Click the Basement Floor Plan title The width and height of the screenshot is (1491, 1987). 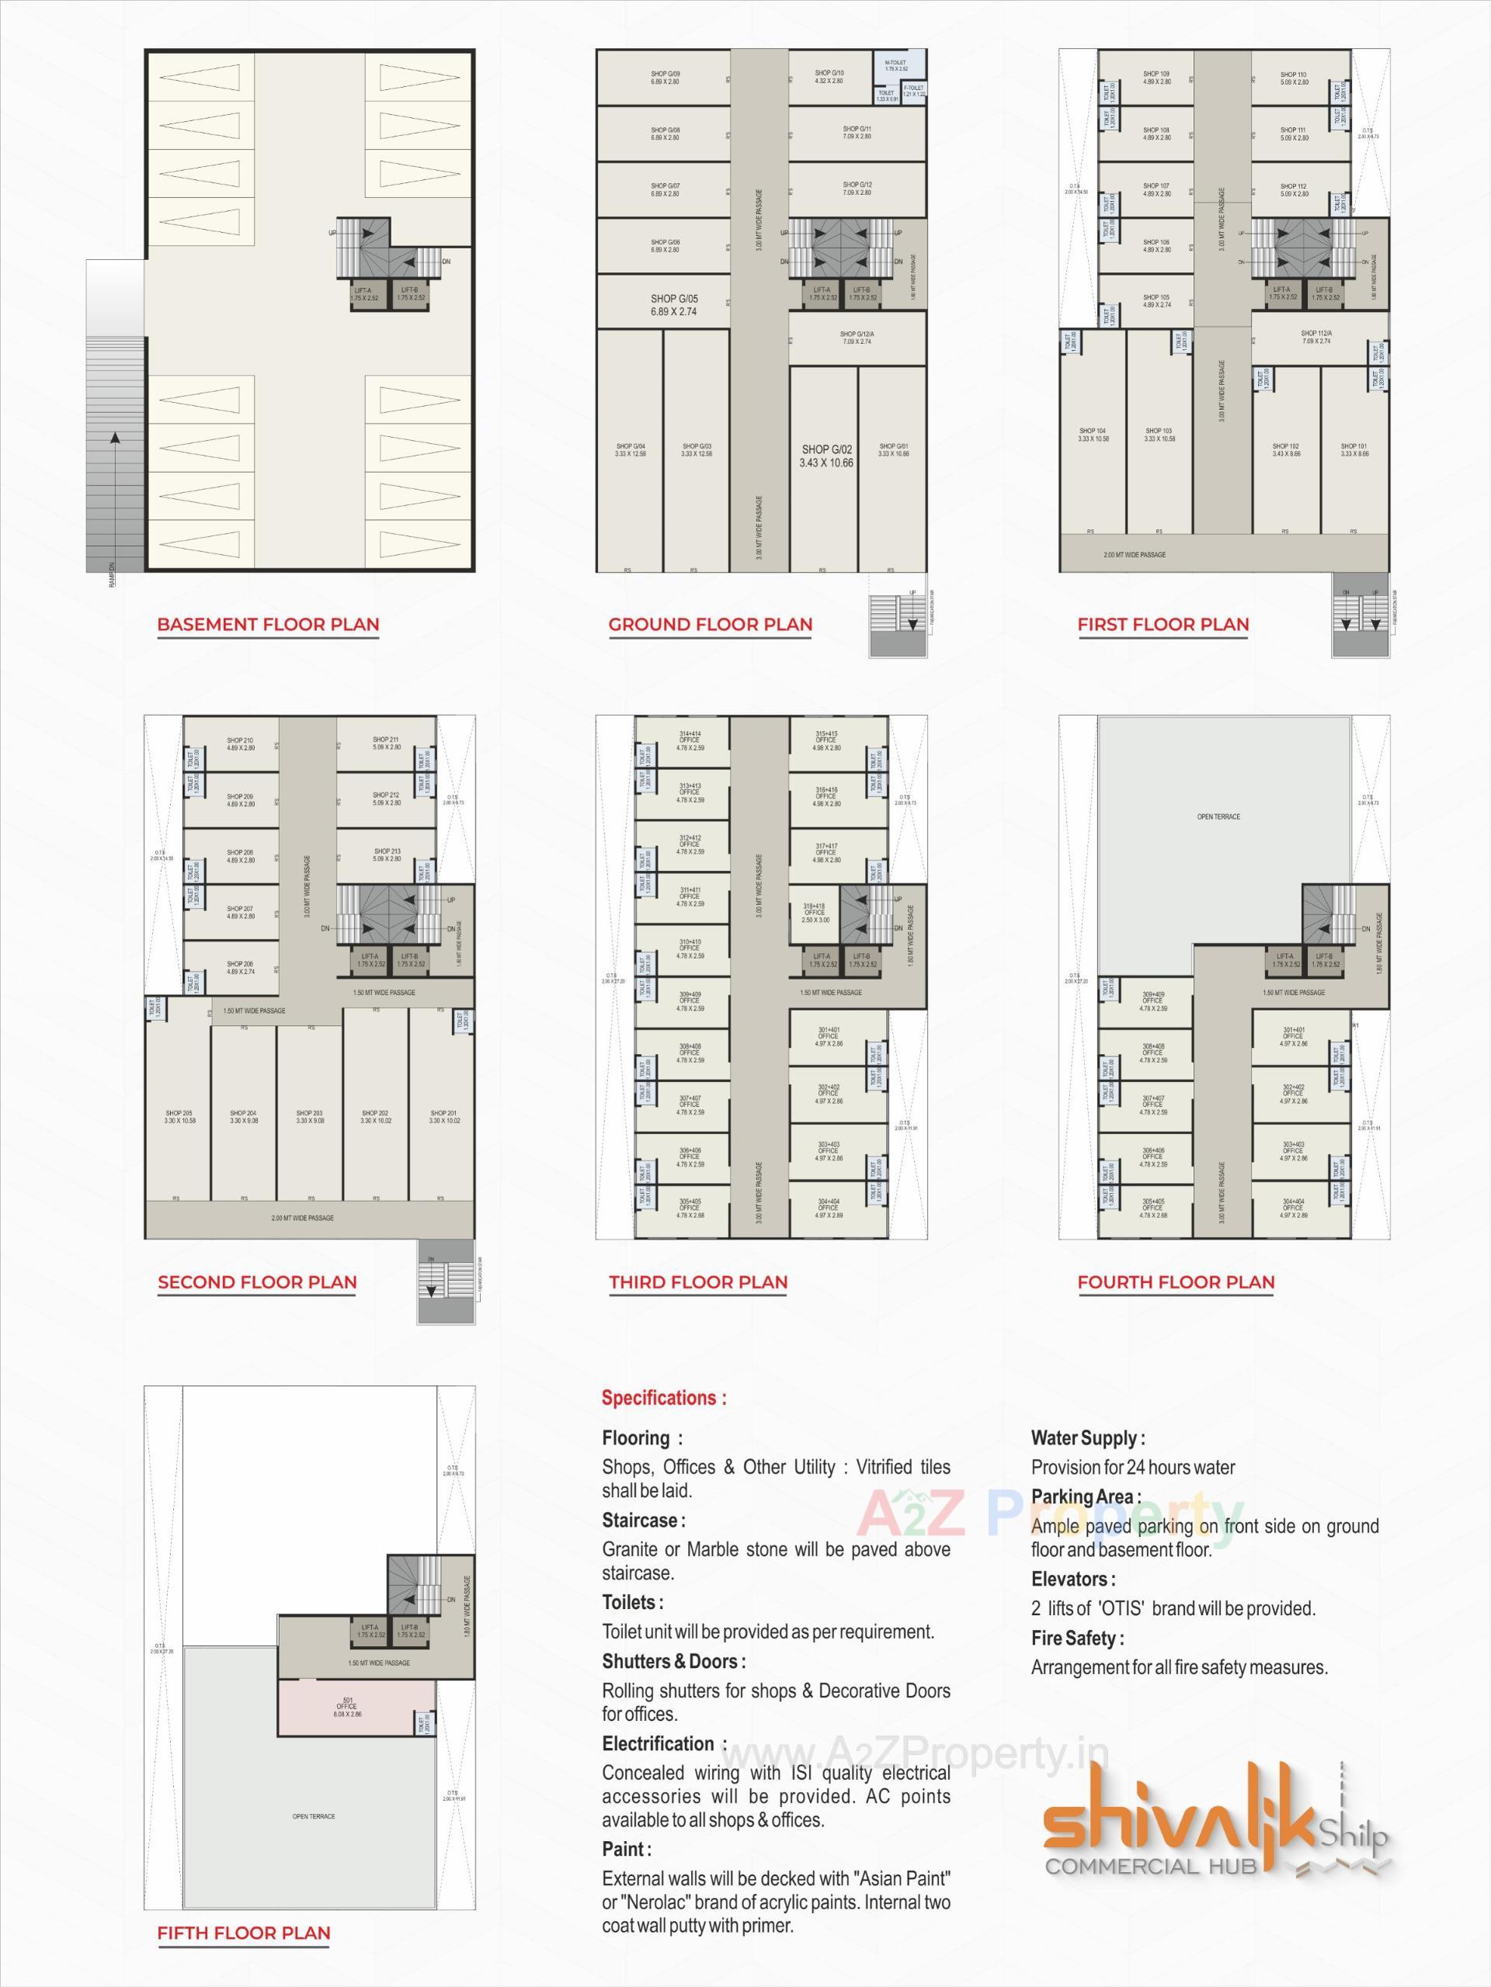[268, 624]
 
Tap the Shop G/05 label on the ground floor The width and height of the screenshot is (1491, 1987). [674, 305]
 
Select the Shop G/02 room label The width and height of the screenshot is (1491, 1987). [827, 456]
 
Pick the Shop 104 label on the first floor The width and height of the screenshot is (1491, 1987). [1093, 435]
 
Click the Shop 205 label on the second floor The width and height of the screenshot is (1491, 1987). [179, 1117]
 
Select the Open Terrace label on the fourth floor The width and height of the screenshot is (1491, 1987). [1218, 817]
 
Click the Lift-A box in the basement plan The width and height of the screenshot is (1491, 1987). [367, 293]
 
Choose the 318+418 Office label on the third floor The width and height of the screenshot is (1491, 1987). [815, 914]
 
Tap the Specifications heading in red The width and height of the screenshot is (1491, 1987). [664, 1398]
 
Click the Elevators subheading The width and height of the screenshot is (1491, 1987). [1073, 1580]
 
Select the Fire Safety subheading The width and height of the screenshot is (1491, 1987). [1076, 1638]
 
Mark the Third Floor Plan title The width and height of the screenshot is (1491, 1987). [697, 1283]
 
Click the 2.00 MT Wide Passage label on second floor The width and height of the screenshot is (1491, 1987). [303, 1218]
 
